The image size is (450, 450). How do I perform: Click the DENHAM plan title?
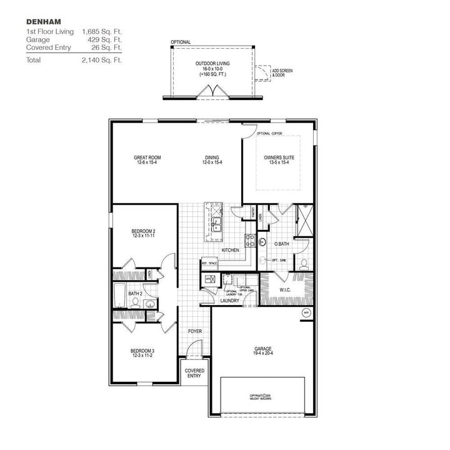43,21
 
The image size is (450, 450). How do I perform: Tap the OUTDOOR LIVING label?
210,64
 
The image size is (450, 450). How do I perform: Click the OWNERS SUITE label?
279,157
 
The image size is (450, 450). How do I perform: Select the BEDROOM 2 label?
143,231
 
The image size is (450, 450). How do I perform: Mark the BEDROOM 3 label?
143,351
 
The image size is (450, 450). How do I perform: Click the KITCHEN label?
231,251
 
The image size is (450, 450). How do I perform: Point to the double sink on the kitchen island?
216,223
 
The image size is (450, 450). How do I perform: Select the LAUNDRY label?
229,301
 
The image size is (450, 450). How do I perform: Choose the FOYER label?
194,331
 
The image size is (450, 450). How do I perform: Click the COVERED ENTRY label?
194,374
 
